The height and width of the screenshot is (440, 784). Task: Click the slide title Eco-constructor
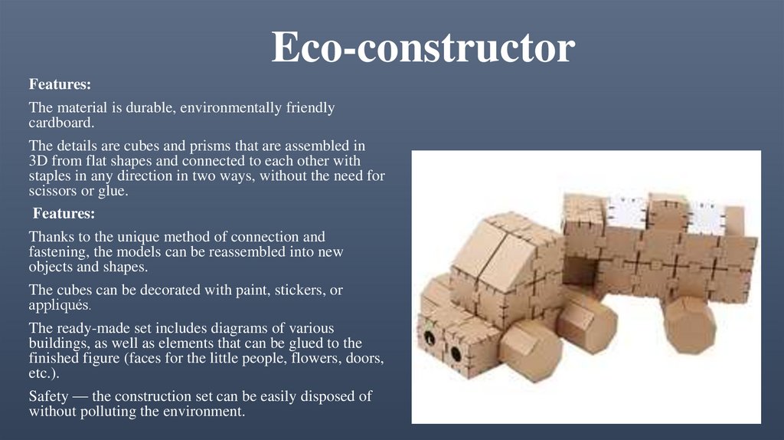point(423,48)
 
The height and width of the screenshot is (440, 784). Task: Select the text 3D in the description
point(38,159)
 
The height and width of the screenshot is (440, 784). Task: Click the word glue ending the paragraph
point(113,191)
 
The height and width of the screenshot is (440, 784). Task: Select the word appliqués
point(60,304)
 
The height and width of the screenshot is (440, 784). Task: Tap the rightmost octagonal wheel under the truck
point(688,326)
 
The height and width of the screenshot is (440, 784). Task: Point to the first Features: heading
point(60,84)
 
